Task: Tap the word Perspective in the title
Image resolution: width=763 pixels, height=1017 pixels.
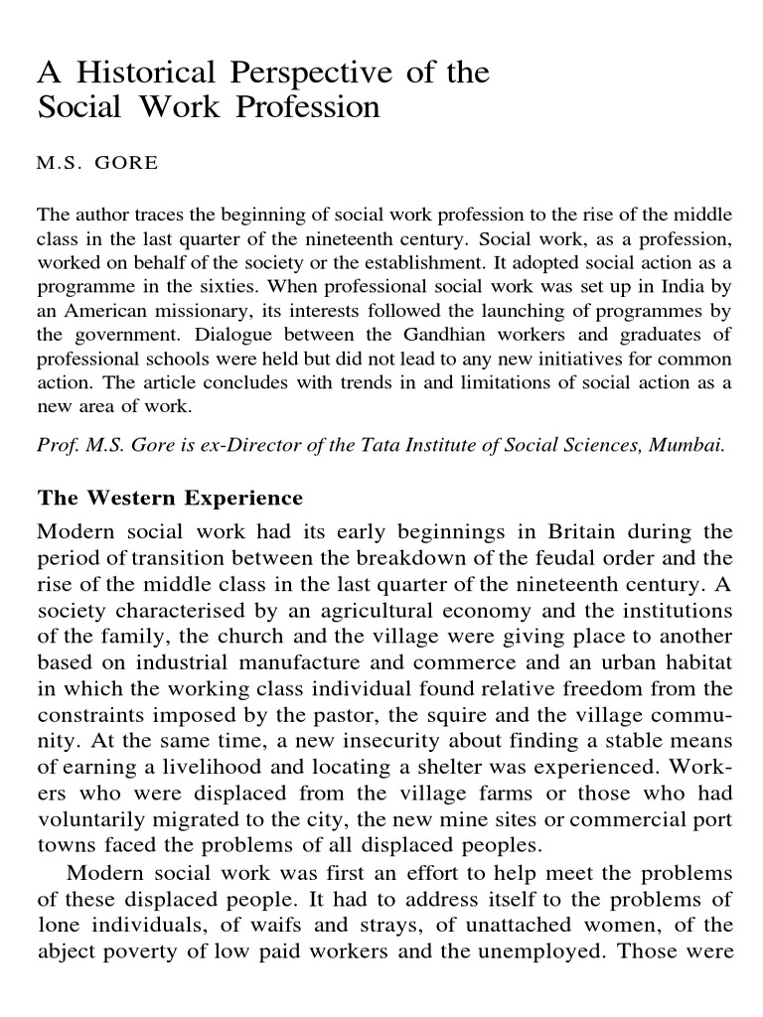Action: (x=315, y=73)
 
